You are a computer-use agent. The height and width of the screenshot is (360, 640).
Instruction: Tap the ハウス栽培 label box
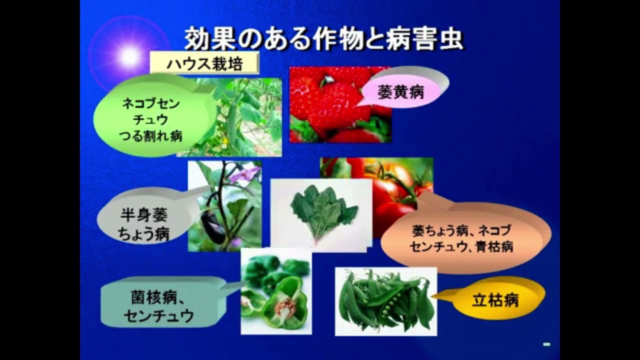tap(204, 64)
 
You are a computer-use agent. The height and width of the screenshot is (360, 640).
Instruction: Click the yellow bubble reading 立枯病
tap(495, 300)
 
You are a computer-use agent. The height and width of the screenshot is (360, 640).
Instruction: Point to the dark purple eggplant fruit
tap(212, 227)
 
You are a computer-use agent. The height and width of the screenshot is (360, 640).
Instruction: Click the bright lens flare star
tap(130, 56)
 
